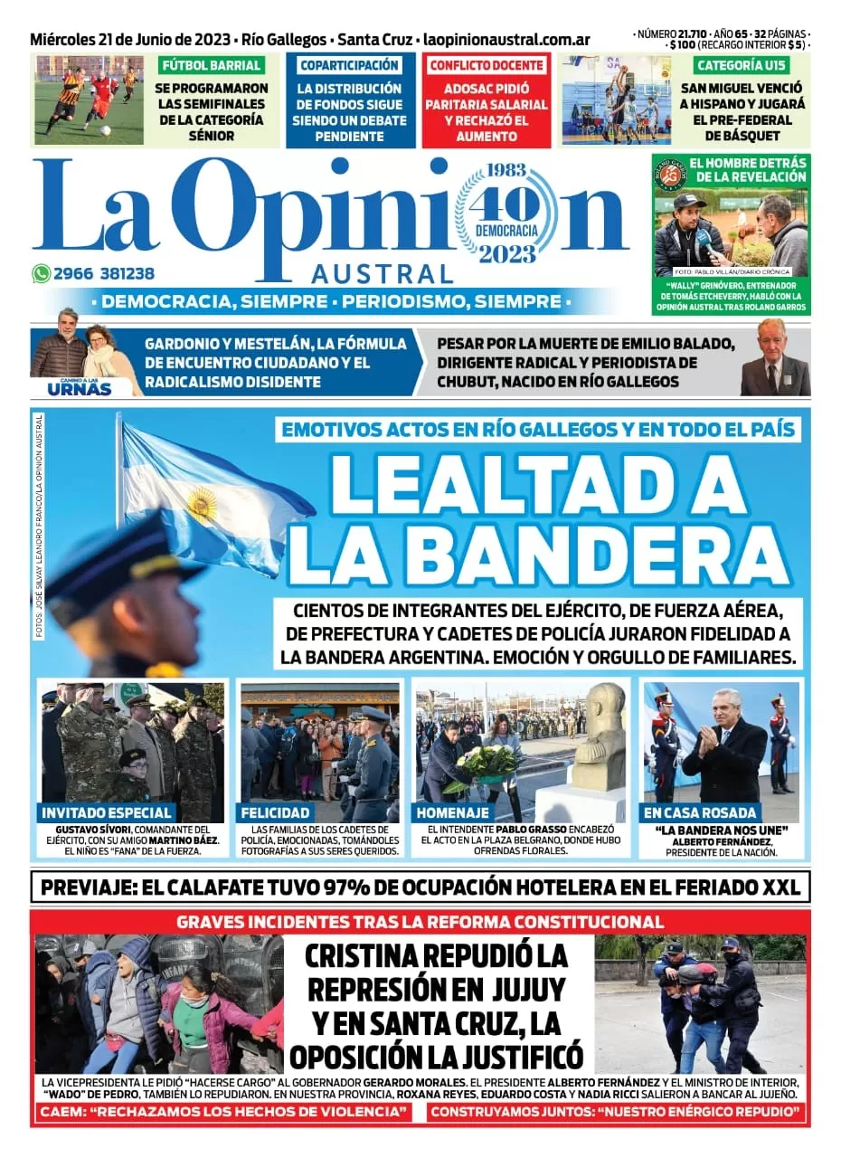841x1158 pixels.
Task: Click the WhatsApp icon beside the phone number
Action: click(x=41, y=273)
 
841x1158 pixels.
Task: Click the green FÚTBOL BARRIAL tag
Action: click(x=212, y=65)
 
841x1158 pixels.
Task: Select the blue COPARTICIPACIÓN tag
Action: click(x=350, y=65)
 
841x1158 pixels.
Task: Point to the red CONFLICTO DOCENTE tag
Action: click(x=487, y=65)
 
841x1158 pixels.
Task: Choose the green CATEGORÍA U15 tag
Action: click(x=740, y=65)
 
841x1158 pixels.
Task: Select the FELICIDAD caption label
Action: click(x=276, y=812)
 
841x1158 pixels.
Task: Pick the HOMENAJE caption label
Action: click(x=454, y=812)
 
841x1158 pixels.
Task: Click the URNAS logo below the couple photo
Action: click(x=79, y=389)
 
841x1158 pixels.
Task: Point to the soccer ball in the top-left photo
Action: click(x=106, y=130)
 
